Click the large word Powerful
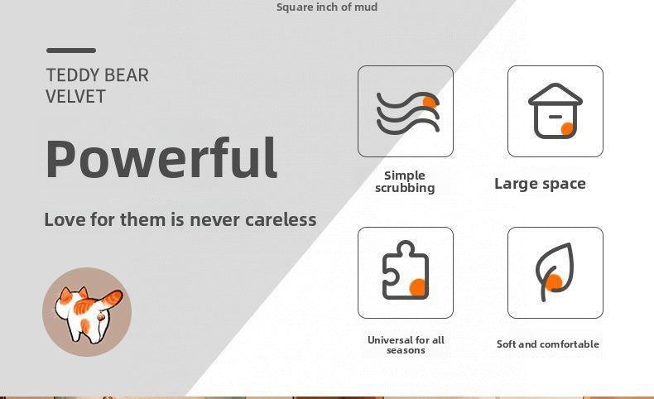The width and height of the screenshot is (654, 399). click(x=161, y=158)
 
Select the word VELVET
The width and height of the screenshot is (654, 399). click(x=75, y=96)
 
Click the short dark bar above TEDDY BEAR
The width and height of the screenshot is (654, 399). click(x=71, y=50)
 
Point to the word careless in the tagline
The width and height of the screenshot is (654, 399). click(x=281, y=219)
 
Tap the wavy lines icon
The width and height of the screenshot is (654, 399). click(x=407, y=113)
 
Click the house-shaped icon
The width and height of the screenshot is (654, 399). click(x=555, y=111)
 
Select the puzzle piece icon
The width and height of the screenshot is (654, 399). click(x=406, y=270)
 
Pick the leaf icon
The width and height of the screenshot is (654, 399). click(x=555, y=272)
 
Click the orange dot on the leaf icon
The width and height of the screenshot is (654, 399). click(x=554, y=282)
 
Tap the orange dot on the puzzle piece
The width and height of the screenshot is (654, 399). click(x=417, y=287)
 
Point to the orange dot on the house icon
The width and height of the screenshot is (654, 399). click(x=567, y=129)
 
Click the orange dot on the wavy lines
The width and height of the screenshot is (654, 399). click(x=430, y=102)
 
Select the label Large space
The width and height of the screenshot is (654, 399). click(x=540, y=184)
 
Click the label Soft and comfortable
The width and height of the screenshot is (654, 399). click(x=548, y=344)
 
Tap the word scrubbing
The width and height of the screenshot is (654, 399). click(x=405, y=188)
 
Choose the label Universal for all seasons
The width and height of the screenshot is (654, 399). click(x=406, y=345)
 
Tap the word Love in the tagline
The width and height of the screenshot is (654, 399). click(x=65, y=219)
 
